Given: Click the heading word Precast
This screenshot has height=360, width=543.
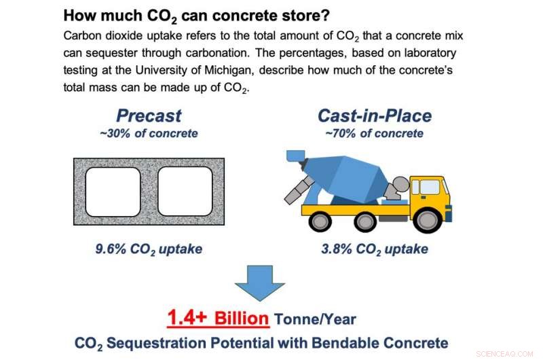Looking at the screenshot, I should pyautogui.click(x=148, y=115).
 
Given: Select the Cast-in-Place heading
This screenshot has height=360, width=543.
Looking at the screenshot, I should pyautogui.click(x=374, y=115).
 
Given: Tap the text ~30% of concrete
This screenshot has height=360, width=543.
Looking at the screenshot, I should pyautogui.click(x=148, y=133).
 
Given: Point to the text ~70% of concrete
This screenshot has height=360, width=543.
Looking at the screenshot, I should pyautogui.click(x=374, y=133).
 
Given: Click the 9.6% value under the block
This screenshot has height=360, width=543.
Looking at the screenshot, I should pyautogui.click(x=111, y=249).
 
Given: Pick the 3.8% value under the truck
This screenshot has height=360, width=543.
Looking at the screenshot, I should pyautogui.click(x=336, y=249).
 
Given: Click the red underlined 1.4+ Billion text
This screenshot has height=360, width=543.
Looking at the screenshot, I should pyautogui.click(x=219, y=317).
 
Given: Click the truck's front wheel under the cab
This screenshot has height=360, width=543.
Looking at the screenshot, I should pyautogui.click(x=428, y=221).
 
